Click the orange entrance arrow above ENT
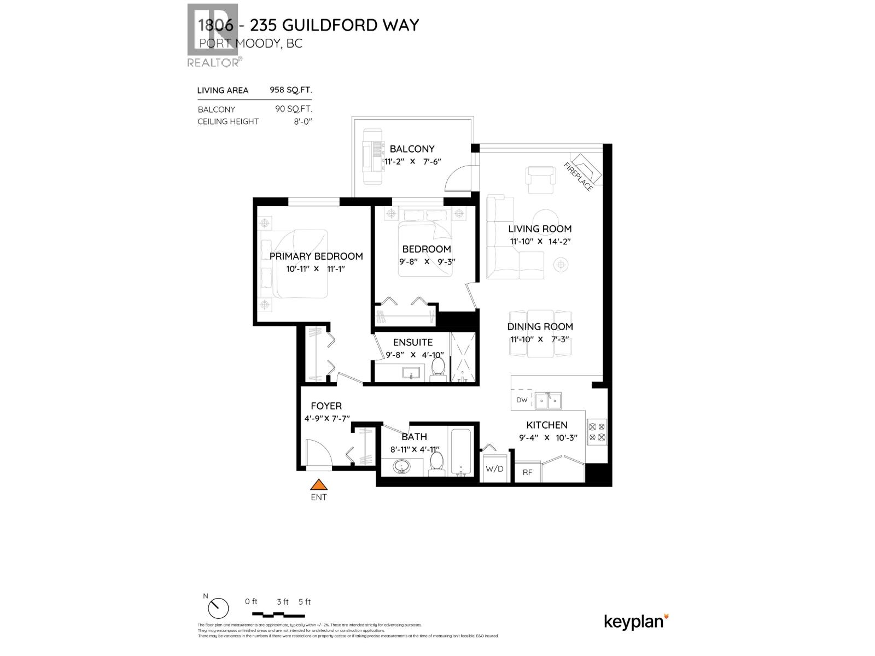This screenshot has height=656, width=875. (318, 484)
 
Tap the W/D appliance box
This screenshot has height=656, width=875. (494, 468)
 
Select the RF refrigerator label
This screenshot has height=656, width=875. (527, 472)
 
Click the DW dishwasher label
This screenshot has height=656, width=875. (522, 400)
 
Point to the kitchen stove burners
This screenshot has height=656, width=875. (597, 431)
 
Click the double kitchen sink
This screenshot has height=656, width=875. (548, 401)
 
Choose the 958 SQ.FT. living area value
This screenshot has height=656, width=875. (290, 90)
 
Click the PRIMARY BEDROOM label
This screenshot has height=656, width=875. (316, 256)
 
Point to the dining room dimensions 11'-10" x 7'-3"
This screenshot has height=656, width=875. (540, 339)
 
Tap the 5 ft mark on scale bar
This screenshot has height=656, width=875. (305, 602)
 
